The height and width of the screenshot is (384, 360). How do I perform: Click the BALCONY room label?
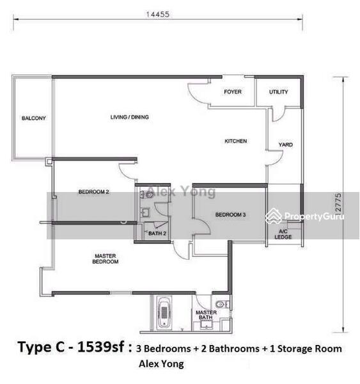pyautogui.click(x=34, y=118)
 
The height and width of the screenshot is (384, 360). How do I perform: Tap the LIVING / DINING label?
pyautogui.click(x=129, y=117)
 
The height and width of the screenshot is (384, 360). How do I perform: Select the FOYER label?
pyautogui.click(x=233, y=92)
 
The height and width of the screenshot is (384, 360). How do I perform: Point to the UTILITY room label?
pyautogui.click(x=279, y=92)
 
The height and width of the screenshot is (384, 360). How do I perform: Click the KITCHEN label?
pyautogui.click(x=236, y=141)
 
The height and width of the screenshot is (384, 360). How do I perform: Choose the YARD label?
pyautogui.click(x=286, y=145)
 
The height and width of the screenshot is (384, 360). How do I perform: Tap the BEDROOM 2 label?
pyautogui.click(x=94, y=192)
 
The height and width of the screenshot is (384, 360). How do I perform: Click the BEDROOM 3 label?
pyautogui.click(x=230, y=215)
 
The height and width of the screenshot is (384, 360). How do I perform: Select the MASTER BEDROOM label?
pyautogui.click(x=106, y=259)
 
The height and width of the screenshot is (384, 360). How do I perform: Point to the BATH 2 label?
pyautogui.click(x=157, y=234)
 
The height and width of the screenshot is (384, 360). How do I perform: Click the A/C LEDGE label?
pyautogui.click(x=283, y=234)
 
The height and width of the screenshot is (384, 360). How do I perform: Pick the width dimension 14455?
pyautogui.click(x=158, y=14)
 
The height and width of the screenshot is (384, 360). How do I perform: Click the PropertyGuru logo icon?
pyautogui.click(x=274, y=216)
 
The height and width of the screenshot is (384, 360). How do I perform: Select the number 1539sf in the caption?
pyautogui.click(x=100, y=347)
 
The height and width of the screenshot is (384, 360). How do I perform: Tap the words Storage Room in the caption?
pyautogui.click(x=309, y=349)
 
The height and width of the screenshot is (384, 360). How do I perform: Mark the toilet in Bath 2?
pyautogui.click(x=148, y=195)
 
